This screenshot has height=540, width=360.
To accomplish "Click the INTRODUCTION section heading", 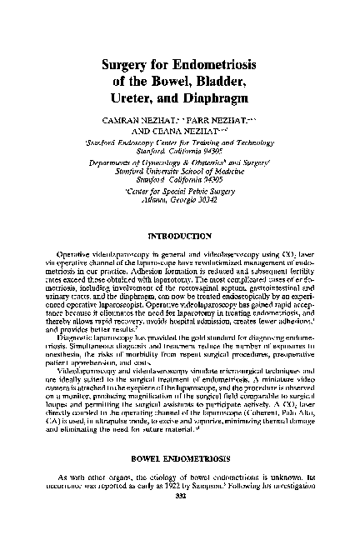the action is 180,223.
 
